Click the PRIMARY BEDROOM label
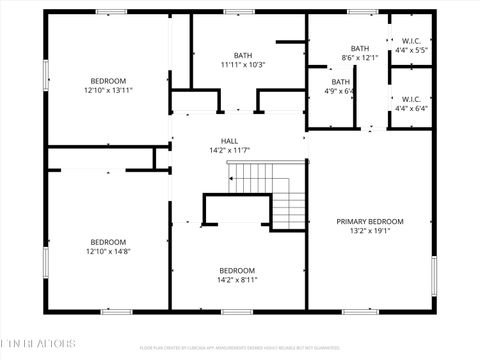point(370,221)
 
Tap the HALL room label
point(229,141)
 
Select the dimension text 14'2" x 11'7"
point(229,151)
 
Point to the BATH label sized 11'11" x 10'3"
point(243,55)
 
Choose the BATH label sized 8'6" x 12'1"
point(360,48)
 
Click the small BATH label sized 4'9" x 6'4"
point(342,82)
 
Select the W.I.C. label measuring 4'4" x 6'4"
point(411,99)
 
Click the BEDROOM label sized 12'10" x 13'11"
point(108,80)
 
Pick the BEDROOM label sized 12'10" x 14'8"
point(108,241)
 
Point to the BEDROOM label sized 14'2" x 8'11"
point(237,270)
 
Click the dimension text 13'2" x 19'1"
point(370,231)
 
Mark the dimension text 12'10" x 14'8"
point(108,251)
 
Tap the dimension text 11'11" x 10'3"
point(243,65)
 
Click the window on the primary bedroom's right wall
point(434,275)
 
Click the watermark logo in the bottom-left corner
point(38,343)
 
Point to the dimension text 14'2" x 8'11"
point(237,280)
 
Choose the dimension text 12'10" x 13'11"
point(108,90)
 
